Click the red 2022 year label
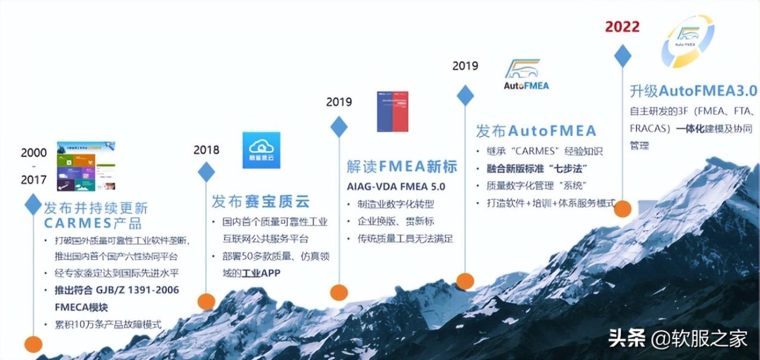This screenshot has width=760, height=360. [x=622, y=27]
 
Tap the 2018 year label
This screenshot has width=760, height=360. [x=206, y=150]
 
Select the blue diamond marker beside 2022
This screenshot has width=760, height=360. [x=622, y=56]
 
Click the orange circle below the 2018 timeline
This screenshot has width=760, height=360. [x=206, y=301]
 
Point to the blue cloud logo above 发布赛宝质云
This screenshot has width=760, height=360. [x=261, y=150]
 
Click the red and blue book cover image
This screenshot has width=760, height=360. [x=392, y=111]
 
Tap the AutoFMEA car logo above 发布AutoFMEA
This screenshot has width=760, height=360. [x=527, y=74]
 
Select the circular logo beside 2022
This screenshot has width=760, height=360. [x=688, y=42]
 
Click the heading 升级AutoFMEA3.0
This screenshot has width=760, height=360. [x=693, y=91]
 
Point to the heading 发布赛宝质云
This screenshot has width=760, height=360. [x=261, y=201]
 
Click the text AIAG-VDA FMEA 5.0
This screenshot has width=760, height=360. [x=396, y=187]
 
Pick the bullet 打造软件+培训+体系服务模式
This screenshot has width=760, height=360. [x=545, y=203]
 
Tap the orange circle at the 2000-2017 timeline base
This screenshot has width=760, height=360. [x=33, y=344]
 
